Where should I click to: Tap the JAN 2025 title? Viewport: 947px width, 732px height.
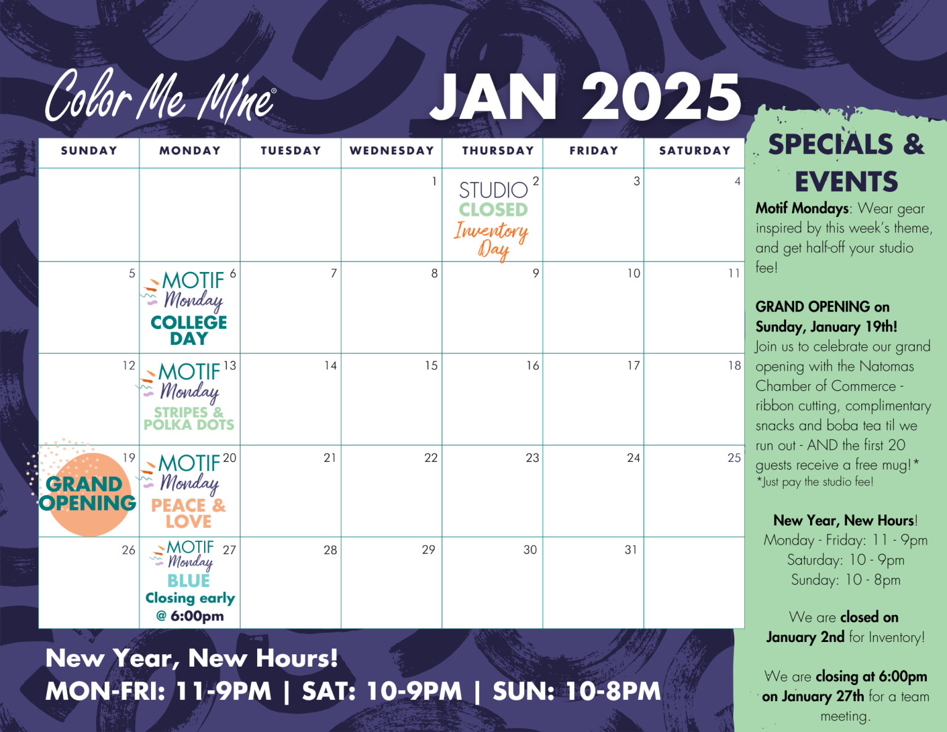pos(585,97)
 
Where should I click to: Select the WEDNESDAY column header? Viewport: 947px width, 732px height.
pos(392,150)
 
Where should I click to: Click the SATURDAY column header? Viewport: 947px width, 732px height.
pos(695,150)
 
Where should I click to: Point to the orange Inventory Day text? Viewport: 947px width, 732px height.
pos(491,241)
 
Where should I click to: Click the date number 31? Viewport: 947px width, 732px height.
pos(631,550)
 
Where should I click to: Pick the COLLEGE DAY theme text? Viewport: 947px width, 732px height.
pos(189,331)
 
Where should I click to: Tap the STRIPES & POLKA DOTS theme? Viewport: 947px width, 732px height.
pos(189,418)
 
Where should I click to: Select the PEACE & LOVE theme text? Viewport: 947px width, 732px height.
pos(188,513)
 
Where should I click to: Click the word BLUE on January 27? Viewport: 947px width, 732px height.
pos(189,581)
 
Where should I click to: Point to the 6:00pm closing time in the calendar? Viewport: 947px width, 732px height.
pos(197,616)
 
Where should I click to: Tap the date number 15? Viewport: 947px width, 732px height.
pos(431,366)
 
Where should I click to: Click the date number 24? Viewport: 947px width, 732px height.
pos(633,458)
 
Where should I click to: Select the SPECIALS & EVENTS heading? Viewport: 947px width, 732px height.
pos(846,163)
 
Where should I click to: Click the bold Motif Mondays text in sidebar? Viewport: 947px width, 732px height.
pos(802,208)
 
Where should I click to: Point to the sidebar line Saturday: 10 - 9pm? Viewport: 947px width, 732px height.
pos(845,560)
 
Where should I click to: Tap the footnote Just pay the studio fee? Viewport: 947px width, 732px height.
pos(815,482)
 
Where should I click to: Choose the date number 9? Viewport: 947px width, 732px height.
pos(536,273)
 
